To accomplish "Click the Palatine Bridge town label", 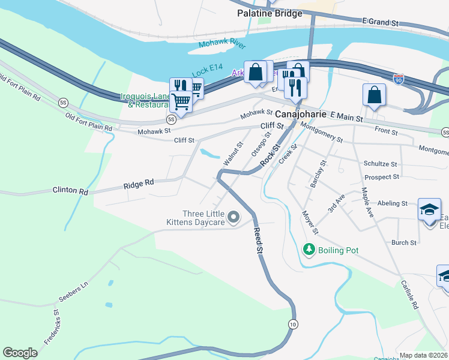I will click(x=270, y=13).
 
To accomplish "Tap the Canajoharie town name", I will click(x=301, y=113).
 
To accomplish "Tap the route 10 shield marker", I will click(x=292, y=324).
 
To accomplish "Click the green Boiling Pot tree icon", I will click(x=309, y=249).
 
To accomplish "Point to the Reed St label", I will click(x=259, y=239).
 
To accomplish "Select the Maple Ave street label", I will click(x=367, y=202).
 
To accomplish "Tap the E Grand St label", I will click(x=381, y=22).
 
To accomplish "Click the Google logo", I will click(x=20, y=353).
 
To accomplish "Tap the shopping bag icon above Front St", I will click(x=374, y=94).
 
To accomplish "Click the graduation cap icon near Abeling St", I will click(x=429, y=209).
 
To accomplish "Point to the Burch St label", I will click(x=403, y=243).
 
